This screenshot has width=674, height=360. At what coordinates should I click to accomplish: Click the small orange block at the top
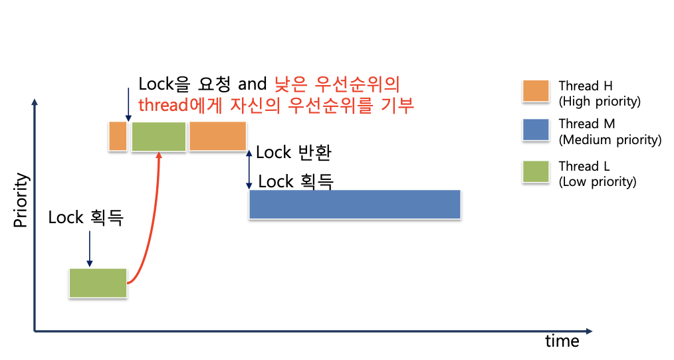click(x=118, y=136)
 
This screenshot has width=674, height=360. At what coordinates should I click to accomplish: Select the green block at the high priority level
click(x=159, y=136)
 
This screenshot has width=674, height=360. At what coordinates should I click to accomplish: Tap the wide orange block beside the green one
click(x=217, y=136)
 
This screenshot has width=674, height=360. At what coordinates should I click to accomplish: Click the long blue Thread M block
click(x=354, y=204)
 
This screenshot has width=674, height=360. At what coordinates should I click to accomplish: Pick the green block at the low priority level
click(x=98, y=283)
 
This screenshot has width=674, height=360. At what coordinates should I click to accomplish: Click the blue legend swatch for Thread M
click(x=536, y=130)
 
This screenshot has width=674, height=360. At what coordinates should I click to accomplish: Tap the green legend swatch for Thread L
click(x=536, y=172)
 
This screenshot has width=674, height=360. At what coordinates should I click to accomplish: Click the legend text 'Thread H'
click(x=586, y=86)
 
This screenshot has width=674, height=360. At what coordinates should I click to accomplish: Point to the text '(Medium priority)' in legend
click(x=610, y=139)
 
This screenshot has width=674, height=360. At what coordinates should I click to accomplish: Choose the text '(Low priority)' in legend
click(x=598, y=181)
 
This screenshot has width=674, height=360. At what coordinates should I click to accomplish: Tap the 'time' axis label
click(x=562, y=341)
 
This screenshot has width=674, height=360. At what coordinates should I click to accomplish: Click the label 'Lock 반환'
click(x=293, y=152)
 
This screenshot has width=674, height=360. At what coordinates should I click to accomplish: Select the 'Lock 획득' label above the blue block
click(x=295, y=181)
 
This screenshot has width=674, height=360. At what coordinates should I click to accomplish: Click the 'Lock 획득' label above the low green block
click(x=86, y=217)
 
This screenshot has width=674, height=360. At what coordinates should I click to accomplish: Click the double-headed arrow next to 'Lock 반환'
click(x=249, y=168)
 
